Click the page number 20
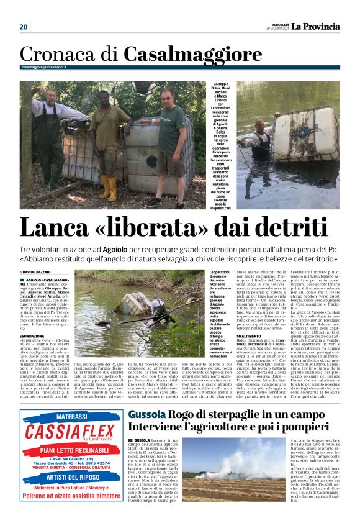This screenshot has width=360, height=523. point(24,27)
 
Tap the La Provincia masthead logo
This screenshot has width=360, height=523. point(317,26)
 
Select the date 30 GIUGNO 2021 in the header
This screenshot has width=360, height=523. point(274,29)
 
